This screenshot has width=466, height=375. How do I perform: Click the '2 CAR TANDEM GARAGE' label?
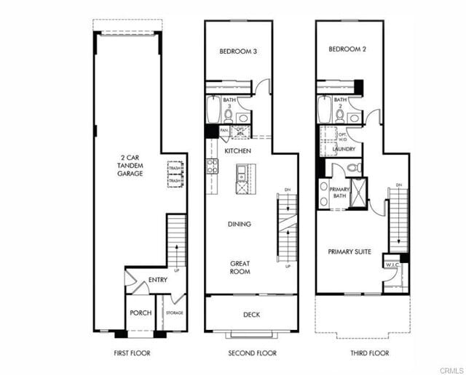(x=132, y=166)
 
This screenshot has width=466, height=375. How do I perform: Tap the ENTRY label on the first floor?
(x=158, y=280)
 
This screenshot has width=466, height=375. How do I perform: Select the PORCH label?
(x=140, y=313)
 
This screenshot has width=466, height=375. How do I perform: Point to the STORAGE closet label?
(x=174, y=313)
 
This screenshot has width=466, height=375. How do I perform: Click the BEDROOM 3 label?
(x=238, y=52)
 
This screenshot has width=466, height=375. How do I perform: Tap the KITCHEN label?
(x=237, y=150)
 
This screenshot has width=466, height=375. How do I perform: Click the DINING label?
(x=240, y=224)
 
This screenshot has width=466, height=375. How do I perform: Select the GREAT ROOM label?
(x=240, y=267)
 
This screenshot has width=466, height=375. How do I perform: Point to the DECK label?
(x=251, y=315)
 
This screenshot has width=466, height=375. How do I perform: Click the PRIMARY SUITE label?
(x=349, y=251)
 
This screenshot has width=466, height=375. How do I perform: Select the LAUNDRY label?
(x=344, y=149)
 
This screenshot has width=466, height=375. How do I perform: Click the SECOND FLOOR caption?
(x=252, y=353)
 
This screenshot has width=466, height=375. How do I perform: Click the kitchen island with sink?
(x=241, y=179)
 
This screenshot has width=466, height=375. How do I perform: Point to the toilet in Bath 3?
(x=229, y=116)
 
